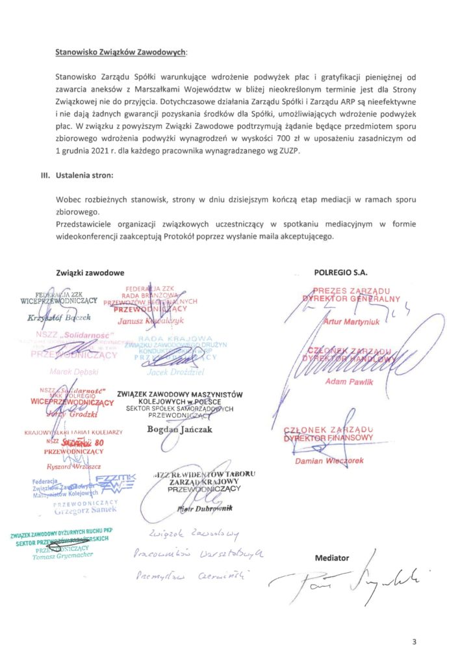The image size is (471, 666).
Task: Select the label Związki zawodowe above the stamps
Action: pos(90,273)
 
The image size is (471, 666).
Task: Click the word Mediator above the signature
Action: pos(331,557)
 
